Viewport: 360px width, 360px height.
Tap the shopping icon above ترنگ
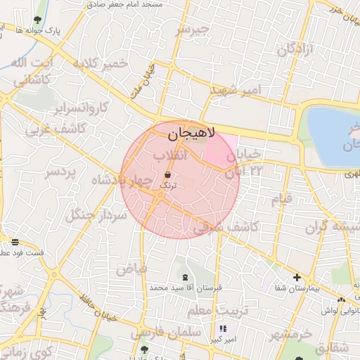point(168,174)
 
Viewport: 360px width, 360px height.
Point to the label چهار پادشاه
point(121,181)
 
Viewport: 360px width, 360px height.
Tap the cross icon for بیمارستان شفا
point(297,278)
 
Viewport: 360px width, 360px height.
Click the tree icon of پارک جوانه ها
point(37,20)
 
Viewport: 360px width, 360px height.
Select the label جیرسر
point(194,30)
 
